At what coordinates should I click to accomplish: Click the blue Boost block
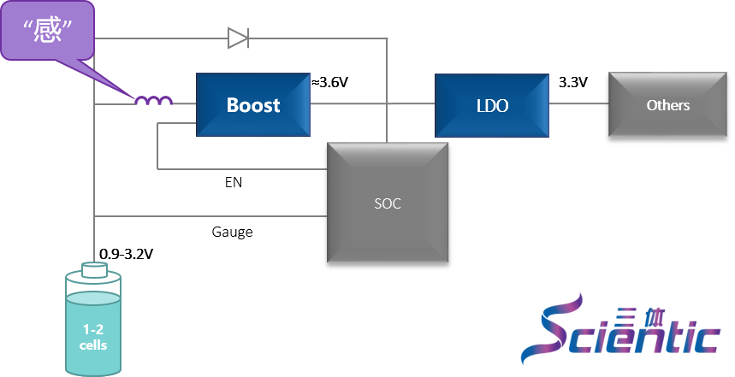coord(253,104)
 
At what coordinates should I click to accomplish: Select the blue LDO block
coord(491,104)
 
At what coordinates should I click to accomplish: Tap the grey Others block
coord(667,104)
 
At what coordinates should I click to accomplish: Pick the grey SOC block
coord(388,203)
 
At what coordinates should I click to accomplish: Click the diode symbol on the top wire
coord(238,38)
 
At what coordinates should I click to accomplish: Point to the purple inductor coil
coord(153,101)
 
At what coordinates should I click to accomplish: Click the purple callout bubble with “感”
coord(47,31)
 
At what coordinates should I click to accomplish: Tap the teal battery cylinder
coord(93,329)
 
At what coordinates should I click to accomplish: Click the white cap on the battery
coord(93,270)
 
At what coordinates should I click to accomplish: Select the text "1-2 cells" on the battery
coord(93,337)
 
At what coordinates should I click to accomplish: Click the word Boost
coord(253,105)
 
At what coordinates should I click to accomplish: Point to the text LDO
coord(492,106)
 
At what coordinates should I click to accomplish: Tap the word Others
coord(668,105)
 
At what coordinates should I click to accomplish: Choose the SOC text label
coord(388,203)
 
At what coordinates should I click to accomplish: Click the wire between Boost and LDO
coord(372,103)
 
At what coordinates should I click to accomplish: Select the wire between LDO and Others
coord(578,103)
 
